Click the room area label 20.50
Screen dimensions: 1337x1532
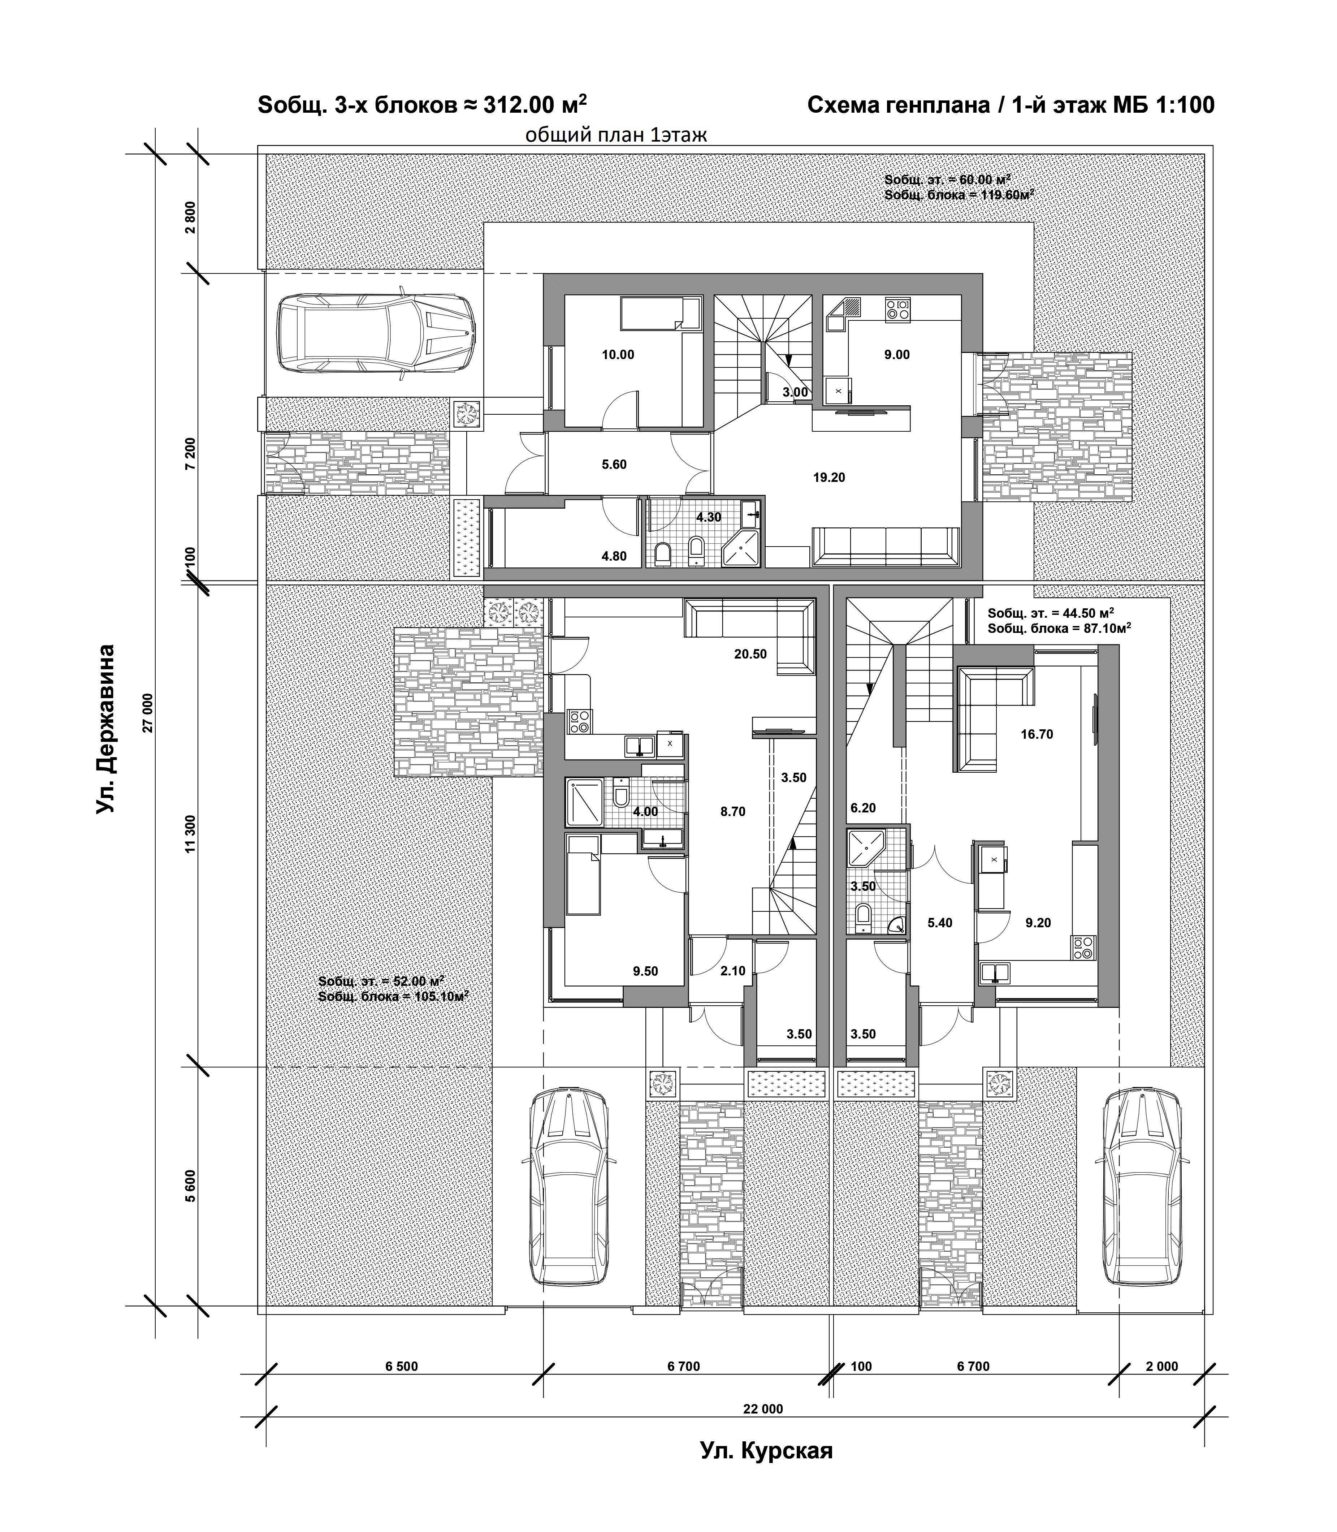point(750,655)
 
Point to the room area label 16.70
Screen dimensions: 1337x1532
point(1037,734)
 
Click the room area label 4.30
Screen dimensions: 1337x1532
point(709,517)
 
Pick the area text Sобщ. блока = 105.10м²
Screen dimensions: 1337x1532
point(393,996)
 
